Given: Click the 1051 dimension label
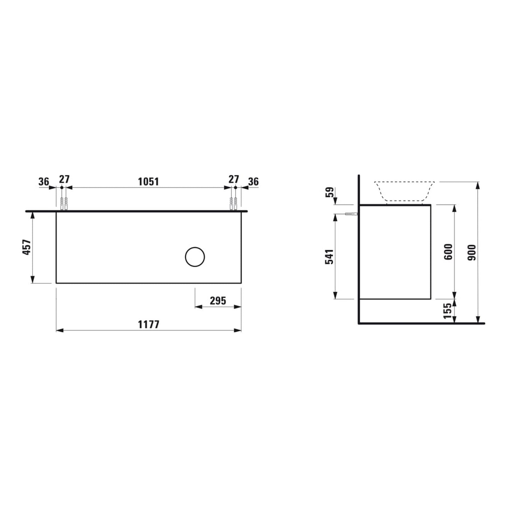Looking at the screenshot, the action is click(148, 181).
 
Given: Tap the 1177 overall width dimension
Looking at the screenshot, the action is click(148, 325).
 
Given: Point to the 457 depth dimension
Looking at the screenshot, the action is click(27, 247).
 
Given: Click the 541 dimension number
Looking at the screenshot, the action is click(329, 257).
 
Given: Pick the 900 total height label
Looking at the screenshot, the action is click(472, 252).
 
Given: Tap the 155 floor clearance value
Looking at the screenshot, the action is click(447, 311).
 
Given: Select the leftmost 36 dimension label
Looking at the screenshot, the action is click(43, 181).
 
